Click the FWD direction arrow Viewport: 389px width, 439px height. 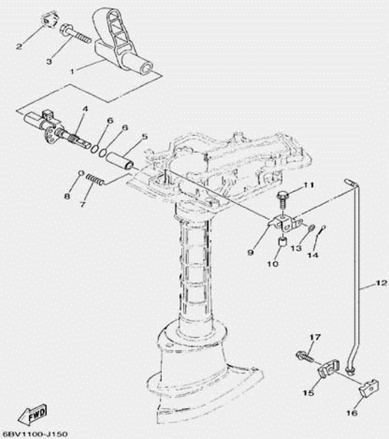[x=32, y=414]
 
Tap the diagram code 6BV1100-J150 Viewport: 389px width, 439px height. [x=34, y=434]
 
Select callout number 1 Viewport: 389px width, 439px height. [x=72, y=72]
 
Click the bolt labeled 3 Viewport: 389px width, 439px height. [x=75, y=34]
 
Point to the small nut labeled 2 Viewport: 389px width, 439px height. [x=49, y=20]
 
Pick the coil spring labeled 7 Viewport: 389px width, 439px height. [x=95, y=180]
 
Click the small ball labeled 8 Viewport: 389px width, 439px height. [x=81, y=173]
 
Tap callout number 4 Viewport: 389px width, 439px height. [x=85, y=108]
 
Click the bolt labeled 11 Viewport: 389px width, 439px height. [x=282, y=199]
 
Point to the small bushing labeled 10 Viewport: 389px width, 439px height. [x=281, y=242]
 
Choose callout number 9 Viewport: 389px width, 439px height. [x=251, y=253]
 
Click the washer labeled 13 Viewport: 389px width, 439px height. [x=311, y=228]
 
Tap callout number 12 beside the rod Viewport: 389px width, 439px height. [x=381, y=283]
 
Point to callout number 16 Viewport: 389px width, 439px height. [x=352, y=413]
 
